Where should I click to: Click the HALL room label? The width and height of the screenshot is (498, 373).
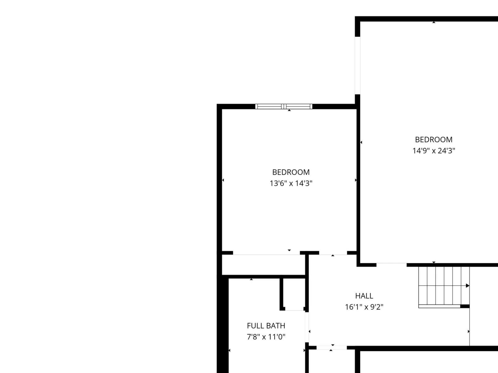coord(364,296)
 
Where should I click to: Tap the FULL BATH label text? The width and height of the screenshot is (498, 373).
coord(266,326)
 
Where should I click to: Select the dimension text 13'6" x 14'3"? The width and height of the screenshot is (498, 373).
coord(291,183)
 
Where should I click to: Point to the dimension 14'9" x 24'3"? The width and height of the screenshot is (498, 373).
coord(434,151)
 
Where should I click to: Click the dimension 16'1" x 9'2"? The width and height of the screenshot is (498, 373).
coord(364,307)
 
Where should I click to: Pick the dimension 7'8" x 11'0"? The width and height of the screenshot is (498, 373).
coord(266,337)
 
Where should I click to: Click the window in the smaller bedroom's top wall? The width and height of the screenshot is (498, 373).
coord(284,106)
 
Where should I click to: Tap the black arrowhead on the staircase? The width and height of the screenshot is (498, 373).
coord(467,286)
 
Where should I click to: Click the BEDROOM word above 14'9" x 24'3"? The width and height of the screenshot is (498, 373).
coord(434,140)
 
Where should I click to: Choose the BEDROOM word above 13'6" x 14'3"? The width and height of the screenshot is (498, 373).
coord(291,172)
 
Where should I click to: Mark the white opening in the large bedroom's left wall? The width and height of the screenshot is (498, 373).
coord(357,66)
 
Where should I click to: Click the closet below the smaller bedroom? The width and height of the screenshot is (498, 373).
coord(263,265)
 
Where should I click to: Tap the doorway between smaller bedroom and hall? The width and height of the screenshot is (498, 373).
coord(333,253)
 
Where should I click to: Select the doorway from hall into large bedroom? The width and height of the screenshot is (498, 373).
coord(391,265)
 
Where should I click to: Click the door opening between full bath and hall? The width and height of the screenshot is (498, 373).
coord(307,327)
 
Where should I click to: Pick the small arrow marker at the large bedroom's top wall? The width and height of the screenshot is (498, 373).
coord(434,22)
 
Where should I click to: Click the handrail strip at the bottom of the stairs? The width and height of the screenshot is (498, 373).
coord(439,306)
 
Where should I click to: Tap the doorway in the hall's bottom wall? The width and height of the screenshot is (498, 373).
coord(331,348)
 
